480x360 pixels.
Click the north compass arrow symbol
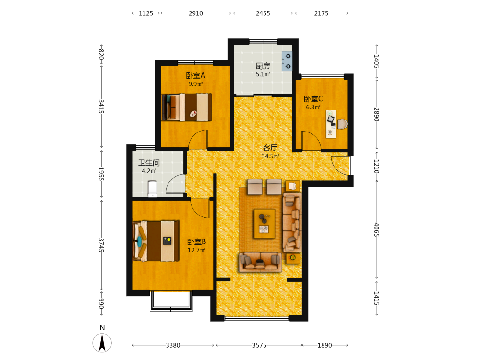(x=102, y=343)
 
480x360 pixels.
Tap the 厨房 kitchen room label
(x=263, y=66)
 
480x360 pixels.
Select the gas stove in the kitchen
(x=287, y=61)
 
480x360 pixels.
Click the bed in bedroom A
(x=187, y=107)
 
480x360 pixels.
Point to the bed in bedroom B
(x=156, y=241)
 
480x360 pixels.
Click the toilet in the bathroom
(x=153, y=189)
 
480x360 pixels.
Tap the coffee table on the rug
(x=264, y=224)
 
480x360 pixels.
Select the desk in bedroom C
(x=331, y=124)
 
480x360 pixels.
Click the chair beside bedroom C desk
(x=342, y=124)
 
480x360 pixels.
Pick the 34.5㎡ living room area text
(x=270, y=156)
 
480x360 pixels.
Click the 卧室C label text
(x=313, y=99)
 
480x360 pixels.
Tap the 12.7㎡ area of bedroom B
(x=196, y=250)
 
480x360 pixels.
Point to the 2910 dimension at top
(x=196, y=13)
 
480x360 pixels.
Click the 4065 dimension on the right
(x=376, y=229)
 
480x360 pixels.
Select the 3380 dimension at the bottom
(x=173, y=345)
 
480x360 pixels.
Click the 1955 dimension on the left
(x=101, y=174)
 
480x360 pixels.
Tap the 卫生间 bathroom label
(x=149, y=163)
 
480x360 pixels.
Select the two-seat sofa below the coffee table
(x=261, y=262)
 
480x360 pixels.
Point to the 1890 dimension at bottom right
(x=324, y=345)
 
